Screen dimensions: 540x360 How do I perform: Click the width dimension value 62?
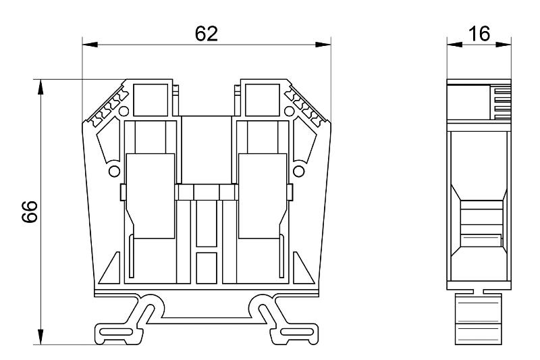point(207,34)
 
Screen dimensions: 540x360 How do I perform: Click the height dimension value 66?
point(30,211)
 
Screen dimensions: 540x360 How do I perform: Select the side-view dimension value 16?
point(479,34)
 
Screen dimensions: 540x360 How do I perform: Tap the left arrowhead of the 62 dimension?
point(90,45)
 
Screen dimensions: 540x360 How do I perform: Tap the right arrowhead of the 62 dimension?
point(323,45)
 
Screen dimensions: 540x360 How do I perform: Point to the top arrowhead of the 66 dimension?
point(40,87)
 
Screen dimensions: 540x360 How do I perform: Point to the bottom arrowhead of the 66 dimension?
point(40,336)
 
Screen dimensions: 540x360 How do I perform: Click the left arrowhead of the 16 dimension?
point(454,45)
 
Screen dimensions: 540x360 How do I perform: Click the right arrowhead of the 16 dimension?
point(504,45)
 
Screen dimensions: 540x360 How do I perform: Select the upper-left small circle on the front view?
point(124,111)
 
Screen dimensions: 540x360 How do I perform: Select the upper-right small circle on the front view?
point(290,111)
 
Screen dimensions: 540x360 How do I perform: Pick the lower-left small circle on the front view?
point(114,171)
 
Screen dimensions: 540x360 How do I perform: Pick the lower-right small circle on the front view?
point(298,171)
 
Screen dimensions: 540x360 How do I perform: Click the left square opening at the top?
point(151,100)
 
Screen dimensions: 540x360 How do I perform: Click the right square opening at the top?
point(263,100)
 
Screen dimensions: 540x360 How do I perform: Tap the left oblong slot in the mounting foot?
point(115,332)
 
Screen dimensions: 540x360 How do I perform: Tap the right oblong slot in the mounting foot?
point(297,332)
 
